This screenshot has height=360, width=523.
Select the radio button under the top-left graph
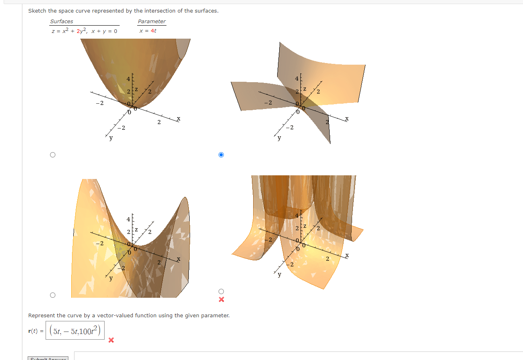point(52,155)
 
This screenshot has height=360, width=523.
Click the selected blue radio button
point(221,155)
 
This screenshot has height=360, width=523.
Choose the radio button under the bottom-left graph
point(52,295)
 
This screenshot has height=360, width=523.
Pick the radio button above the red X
point(221,291)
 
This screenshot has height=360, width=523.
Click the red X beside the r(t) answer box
point(111,340)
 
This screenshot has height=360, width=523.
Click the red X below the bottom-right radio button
point(221,300)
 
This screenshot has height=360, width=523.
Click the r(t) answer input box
point(75,331)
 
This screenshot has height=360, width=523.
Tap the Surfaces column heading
point(61,22)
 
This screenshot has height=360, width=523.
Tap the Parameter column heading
point(152,22)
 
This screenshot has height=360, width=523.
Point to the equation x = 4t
point(148,31)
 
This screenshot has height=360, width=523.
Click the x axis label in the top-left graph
point(178,119)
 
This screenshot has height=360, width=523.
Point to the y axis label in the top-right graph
point(279,138)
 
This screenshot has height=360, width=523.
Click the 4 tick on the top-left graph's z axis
point(128,79)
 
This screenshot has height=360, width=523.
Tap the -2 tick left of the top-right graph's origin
point(267,103)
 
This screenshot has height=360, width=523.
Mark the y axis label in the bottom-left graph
point(110,279)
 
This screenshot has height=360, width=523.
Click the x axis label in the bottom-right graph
point(347,255)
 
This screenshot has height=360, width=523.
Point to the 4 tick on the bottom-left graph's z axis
point(128,219)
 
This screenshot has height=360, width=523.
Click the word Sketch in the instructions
point(36,11)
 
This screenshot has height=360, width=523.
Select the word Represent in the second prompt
point(42,315)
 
